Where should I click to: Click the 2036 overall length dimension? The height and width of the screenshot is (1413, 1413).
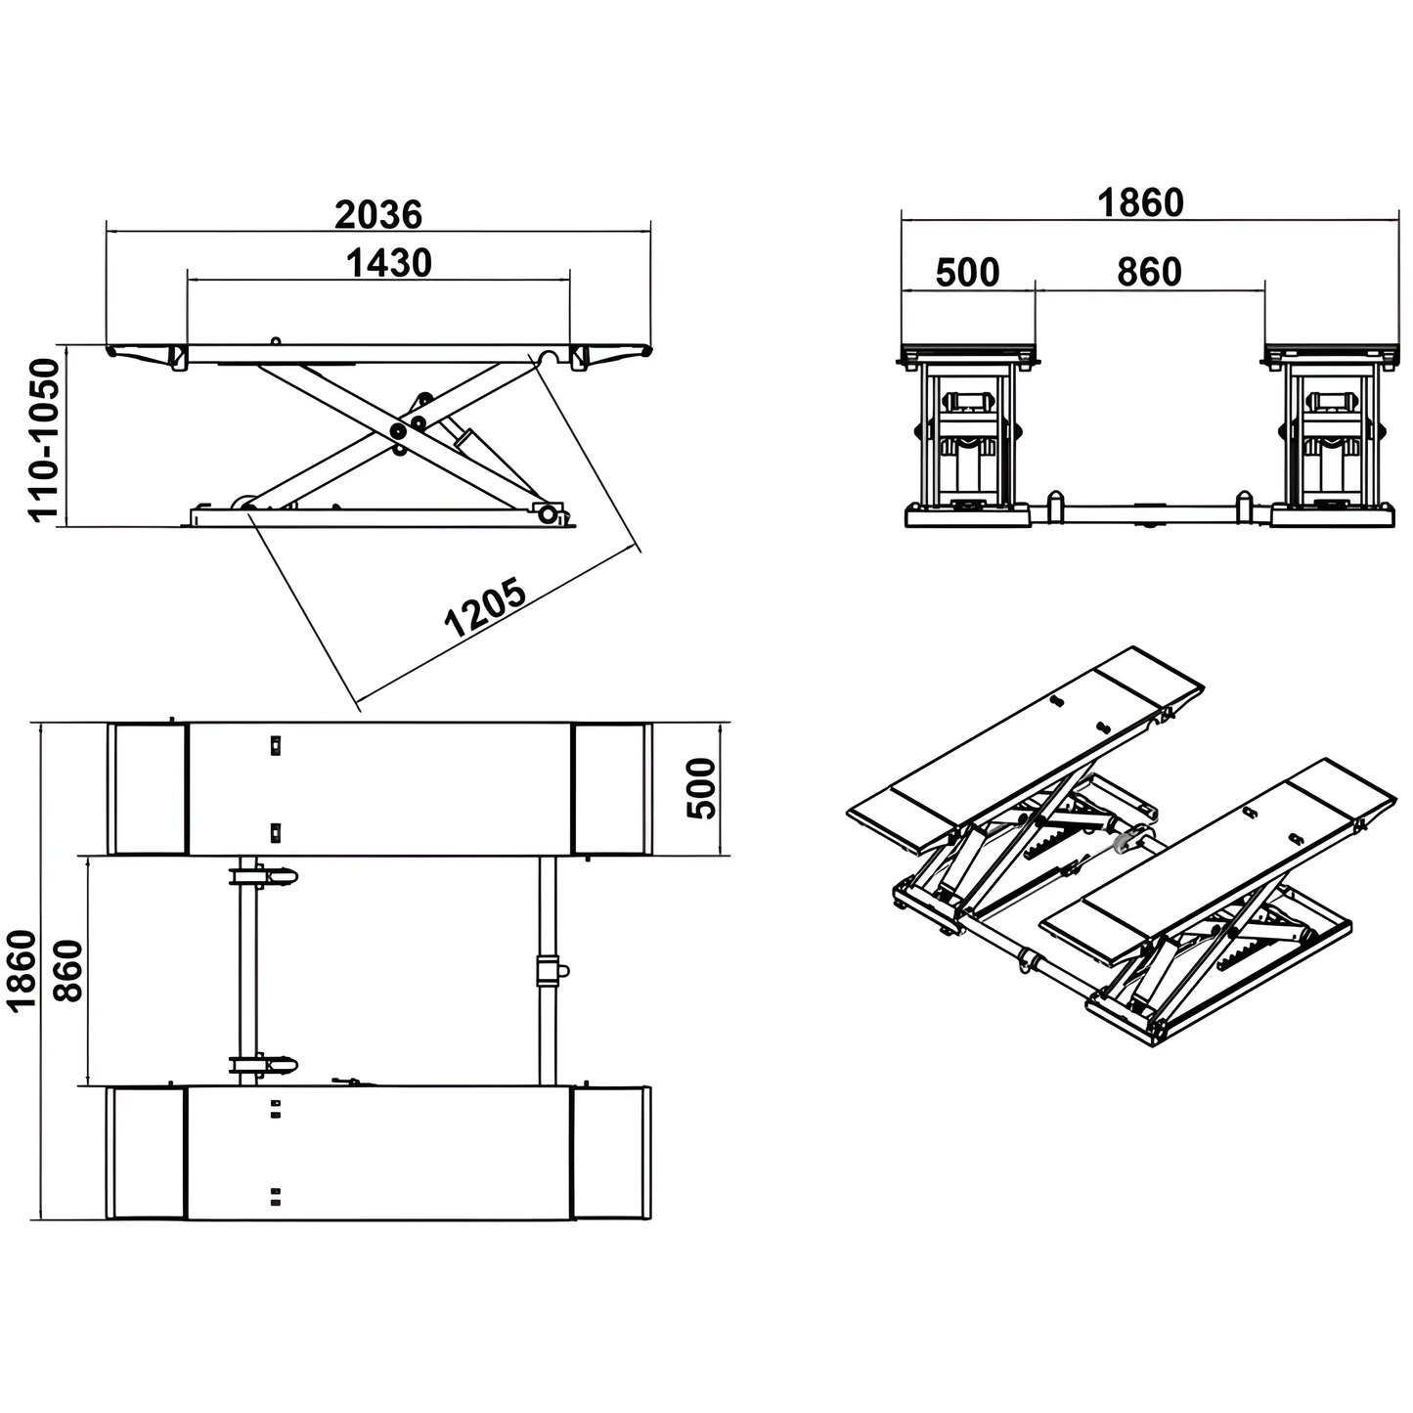click(378, 214)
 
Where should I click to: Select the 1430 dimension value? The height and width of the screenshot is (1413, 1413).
click(388, 262)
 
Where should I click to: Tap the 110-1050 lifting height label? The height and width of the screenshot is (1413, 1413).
click(44, 439)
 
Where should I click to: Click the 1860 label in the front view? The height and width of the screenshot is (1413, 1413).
click(1140, 202)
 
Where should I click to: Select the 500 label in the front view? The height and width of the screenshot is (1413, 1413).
click(967, 272)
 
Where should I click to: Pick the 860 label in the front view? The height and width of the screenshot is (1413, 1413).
click(1149, 272)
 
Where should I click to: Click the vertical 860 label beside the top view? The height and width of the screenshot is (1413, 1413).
click(67, 971)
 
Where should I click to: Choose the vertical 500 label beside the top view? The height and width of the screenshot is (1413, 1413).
click(701, 788)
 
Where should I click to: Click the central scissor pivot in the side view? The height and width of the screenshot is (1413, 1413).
click(398, 431)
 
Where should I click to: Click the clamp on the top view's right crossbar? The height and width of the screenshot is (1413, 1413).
click(549, 971)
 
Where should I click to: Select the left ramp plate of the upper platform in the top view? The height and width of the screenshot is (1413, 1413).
click(147, 789)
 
